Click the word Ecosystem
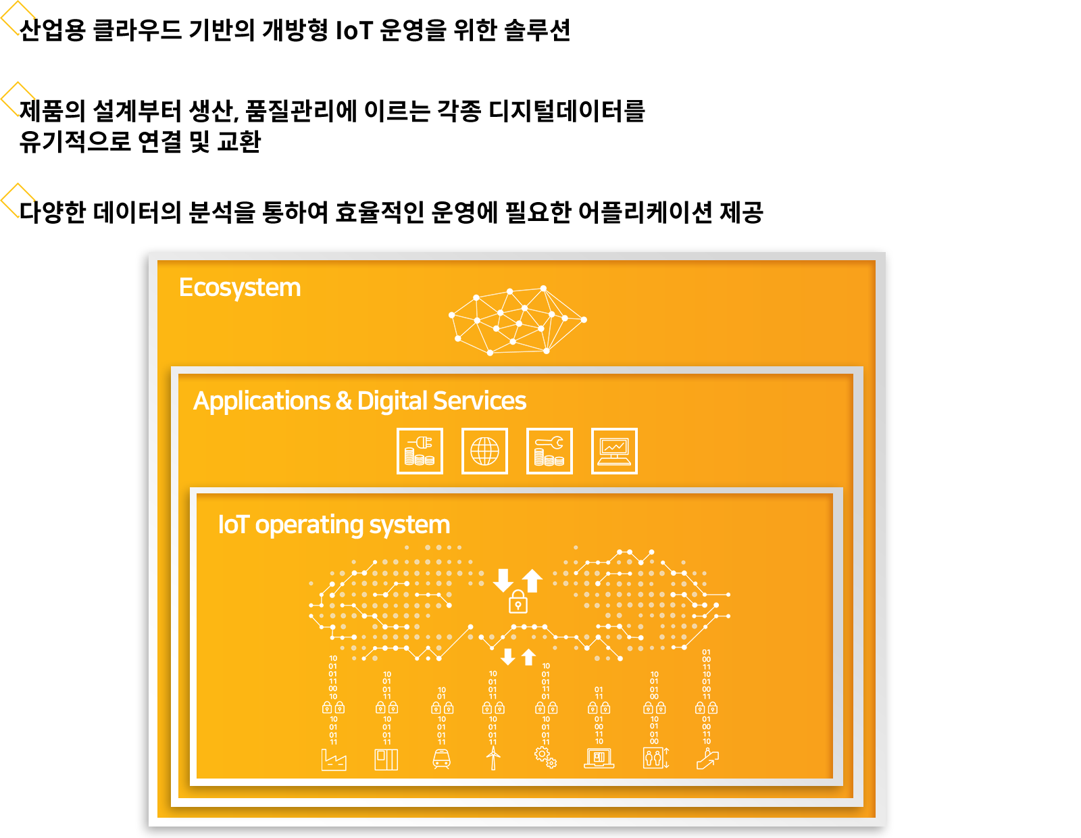pyautogui.click(x=240, y=288)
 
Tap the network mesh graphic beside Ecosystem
pyautogui.click(x=518, y=320)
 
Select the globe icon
pyautogui.click(x=484, y=451)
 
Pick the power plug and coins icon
pyautogui.click(x=420, y=451)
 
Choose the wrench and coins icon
pyautogui.click(x=549, y=451)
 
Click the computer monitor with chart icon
pyautogui.click(x=614, y=451)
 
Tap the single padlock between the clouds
pyautogui.click(x=518, y=601)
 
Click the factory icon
pyautogui.click(x=333, y=760)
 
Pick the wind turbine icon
pyautogui.click(x=493, y=758)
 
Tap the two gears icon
pyautogui.click(x=546, y=758)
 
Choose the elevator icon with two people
pyautogui.click(x=655, y=758)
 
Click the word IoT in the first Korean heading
pyautogui.click(x=354, y=31)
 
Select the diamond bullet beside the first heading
pyautogui.click(x=18, y=18)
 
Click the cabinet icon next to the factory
pyautogui.click(x=386, y=760)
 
